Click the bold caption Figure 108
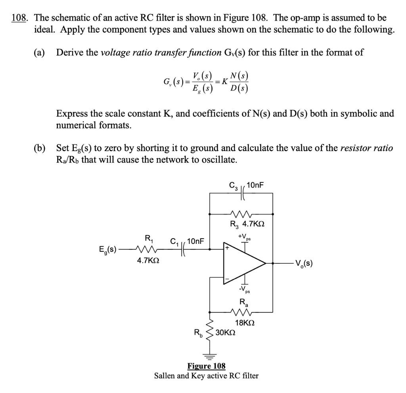point(206,366)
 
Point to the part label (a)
point(39,52)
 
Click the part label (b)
point(39,148)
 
